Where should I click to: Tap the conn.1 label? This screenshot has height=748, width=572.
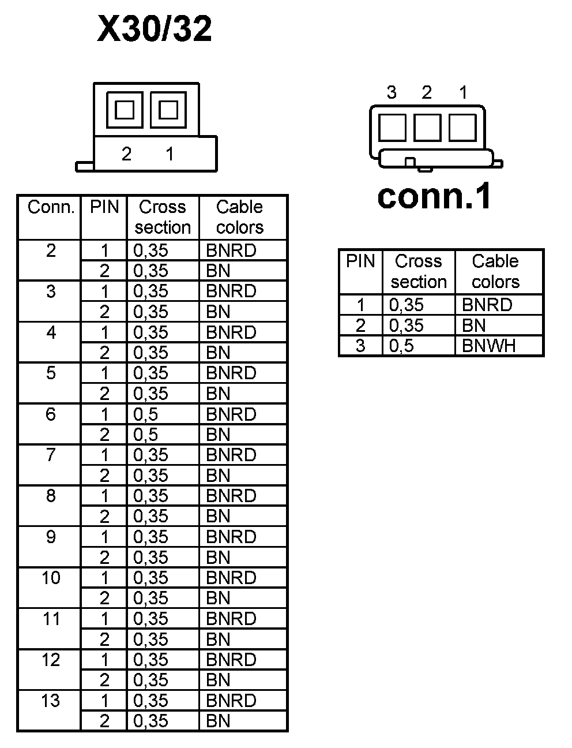(x=434, y=196)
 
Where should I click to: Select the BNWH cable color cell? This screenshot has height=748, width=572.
(x=488, y=346)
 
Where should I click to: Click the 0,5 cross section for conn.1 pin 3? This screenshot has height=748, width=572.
(x=401, y=346)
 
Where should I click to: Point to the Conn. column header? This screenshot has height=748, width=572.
(x=51, y=207)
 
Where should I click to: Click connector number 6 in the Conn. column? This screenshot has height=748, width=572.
(x=51, y=414)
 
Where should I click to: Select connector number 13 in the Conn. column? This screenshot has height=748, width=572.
(x=51, y=700)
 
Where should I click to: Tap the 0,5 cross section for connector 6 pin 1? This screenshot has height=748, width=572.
(x=145, y=414)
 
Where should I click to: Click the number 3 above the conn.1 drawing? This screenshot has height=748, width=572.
(x=392, y=92)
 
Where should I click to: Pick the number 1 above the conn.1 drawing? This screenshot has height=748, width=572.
(x=463, y=92)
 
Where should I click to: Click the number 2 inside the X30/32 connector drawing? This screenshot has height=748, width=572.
(x=126, y=154)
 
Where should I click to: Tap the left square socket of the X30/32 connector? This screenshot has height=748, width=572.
(x=125, y=110)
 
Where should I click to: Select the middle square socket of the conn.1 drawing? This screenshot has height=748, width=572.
(x=427, y=127)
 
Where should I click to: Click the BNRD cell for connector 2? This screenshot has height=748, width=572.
(x=231, y=250)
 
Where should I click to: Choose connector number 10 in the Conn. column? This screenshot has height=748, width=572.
(x=51, y=577)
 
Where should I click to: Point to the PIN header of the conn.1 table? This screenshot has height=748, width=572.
(x=360, y=261)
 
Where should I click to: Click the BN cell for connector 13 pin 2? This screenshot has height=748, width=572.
(x=218, y=721)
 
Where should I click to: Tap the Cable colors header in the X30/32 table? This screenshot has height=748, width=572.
(x=239, y=217)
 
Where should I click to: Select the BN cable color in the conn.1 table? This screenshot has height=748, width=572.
(x=474, y=326)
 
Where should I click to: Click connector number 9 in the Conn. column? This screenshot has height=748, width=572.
(x=51, y=537)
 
